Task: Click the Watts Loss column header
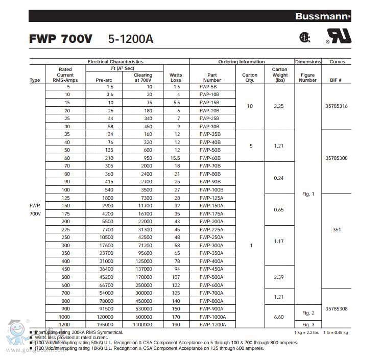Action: tap(176, 77)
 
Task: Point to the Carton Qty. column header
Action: tap(250, 77)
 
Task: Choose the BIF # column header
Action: tap(337, 80)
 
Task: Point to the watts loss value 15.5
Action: tap(176, 158)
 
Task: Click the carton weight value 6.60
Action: tap(279, 317)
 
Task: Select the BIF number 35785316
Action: tap(337, 106)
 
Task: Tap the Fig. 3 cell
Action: tap(308, 324)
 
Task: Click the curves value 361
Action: tap(337, 229)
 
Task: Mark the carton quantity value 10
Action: tap(250, 106)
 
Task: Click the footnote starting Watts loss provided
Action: tap(71, 337)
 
